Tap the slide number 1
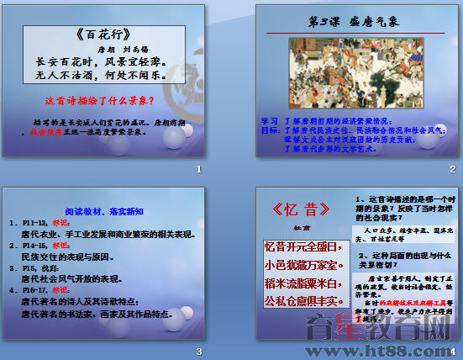(x=198, y=171)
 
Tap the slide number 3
(x=198, y=351)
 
